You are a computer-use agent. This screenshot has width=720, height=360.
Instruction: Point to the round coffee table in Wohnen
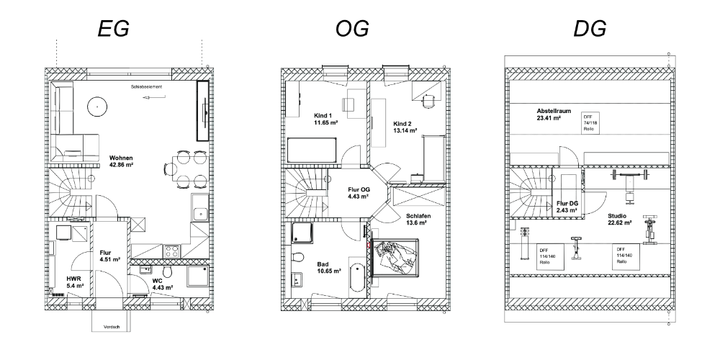(x=95, y=107)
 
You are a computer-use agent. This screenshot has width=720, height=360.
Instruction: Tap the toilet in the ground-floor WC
(x=167, y=271)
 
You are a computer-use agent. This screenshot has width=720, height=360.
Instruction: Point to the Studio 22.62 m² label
(x=619, y=219)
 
